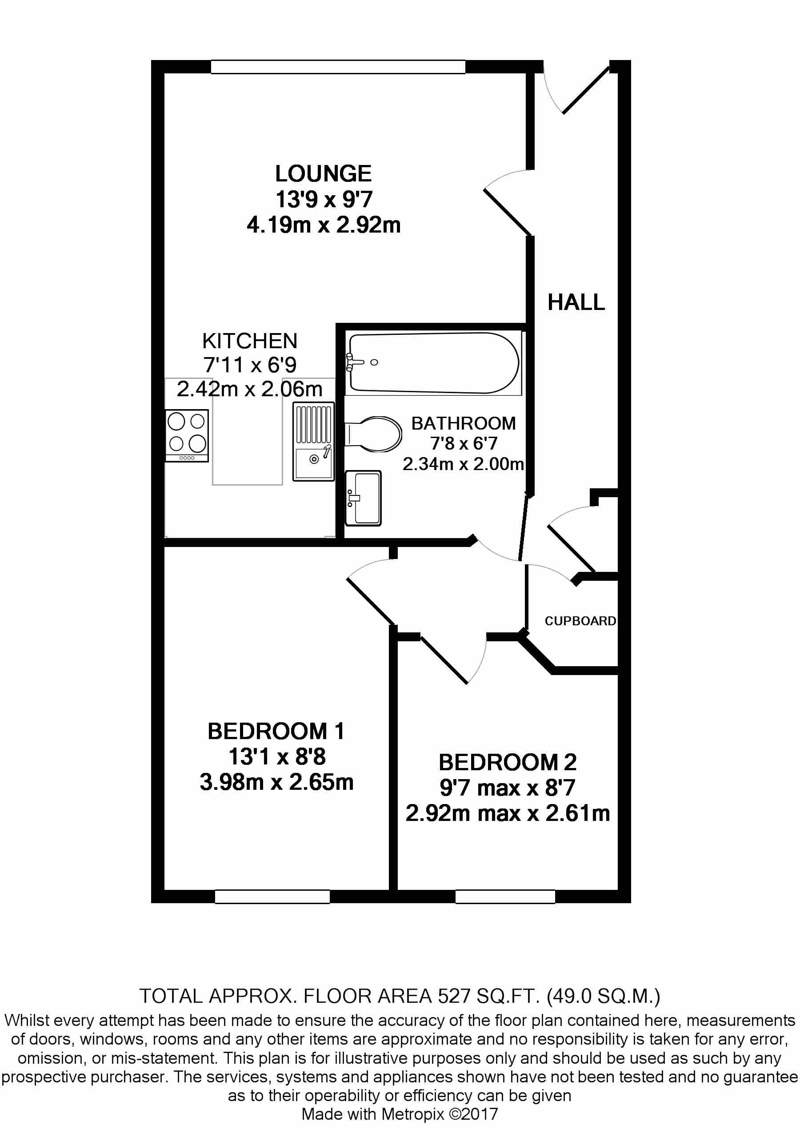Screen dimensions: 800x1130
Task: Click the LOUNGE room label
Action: pyautogui.click(x=323, y=173)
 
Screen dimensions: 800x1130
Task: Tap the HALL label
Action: pyautogui.click(x=576, y=302)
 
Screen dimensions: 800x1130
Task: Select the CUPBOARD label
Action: pyautogui.click(x=580, y=621)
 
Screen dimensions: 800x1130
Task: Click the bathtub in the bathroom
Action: pyautogui.click(x=433, y=363)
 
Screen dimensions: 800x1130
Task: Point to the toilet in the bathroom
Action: pyautogui.click(x=373, y=434)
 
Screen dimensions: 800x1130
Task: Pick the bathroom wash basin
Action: pyautogui.click(x=363, y=498)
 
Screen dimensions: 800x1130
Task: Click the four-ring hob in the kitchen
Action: pyautogui.click(x=187, y=436)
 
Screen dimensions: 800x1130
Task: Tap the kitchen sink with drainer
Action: pyautogui.click(x=313, y=442)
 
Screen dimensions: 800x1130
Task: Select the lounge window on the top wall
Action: pyautogui.click(x=338, y=67)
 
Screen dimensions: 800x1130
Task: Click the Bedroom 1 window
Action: pyautogui.click(x=272, y=897)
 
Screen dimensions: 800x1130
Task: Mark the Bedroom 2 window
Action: pyautogui.click(x=505, y=897)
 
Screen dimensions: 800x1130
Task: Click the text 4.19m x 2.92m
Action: pyautogui.click(x=324, y=225)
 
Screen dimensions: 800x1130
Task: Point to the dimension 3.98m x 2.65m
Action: pyautogui.click(x=276, y=782)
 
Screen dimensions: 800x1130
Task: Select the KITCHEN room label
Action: pyautogui.click(x=250, y=341)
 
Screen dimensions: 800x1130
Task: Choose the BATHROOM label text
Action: pyautogui.click(x=464, y=423)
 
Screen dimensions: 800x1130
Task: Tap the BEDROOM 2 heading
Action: pyautogui.click(x=508, y=762)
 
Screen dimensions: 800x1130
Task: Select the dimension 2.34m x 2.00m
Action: pyautogui.click(x=463, y=464)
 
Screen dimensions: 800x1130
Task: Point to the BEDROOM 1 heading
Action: pyautogui.click(x=276, y=732)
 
